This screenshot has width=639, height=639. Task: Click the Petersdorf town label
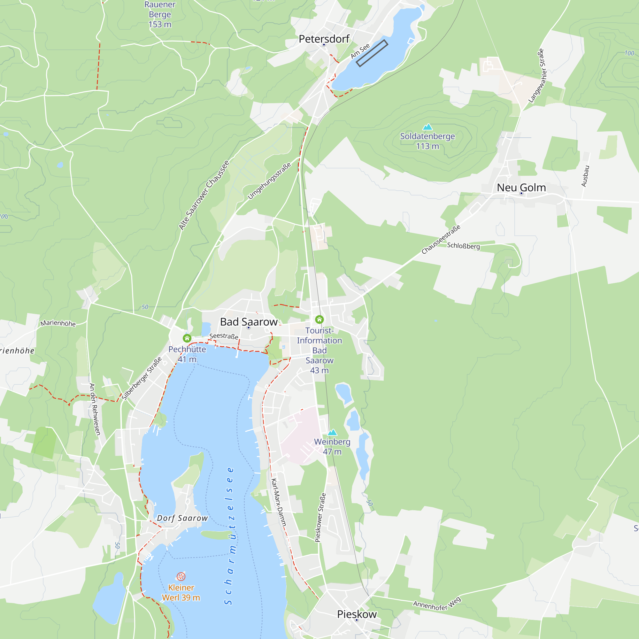324,39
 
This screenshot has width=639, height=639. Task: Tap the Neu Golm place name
521,188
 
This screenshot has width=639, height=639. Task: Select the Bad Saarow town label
249,322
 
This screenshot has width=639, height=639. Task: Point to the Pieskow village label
357,614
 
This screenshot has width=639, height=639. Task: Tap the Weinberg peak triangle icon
332,432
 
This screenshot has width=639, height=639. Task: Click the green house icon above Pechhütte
187,338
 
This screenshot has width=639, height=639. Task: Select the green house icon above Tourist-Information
319,319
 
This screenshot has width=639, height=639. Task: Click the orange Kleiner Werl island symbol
181,576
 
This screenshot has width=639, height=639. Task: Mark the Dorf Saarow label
182,518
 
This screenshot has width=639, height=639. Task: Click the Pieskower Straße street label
320,518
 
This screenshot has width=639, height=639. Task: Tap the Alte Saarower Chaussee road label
204,195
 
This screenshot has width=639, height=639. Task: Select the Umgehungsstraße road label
269,181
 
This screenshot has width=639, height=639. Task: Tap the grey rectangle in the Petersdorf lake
372,53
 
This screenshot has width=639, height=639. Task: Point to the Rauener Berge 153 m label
160,15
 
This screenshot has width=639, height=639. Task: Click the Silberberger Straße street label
142,378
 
